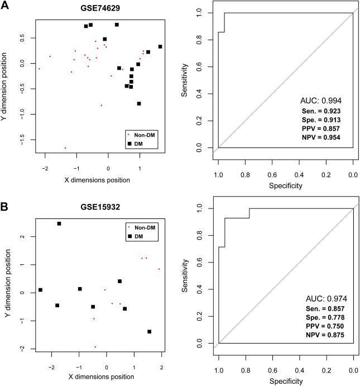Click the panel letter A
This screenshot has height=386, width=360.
pyautogui.click(x=5, y=6)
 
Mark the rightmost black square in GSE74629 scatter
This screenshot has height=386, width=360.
pyautogui.click(x=160, y=47)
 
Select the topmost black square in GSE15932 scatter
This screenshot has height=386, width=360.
pyautogui.click(x=59, y=223)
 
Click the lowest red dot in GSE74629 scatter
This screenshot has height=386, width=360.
pyautogui.click(x=65, y=148)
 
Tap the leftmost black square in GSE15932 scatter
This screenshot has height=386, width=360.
pyautogui.click(x=40, y=290)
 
